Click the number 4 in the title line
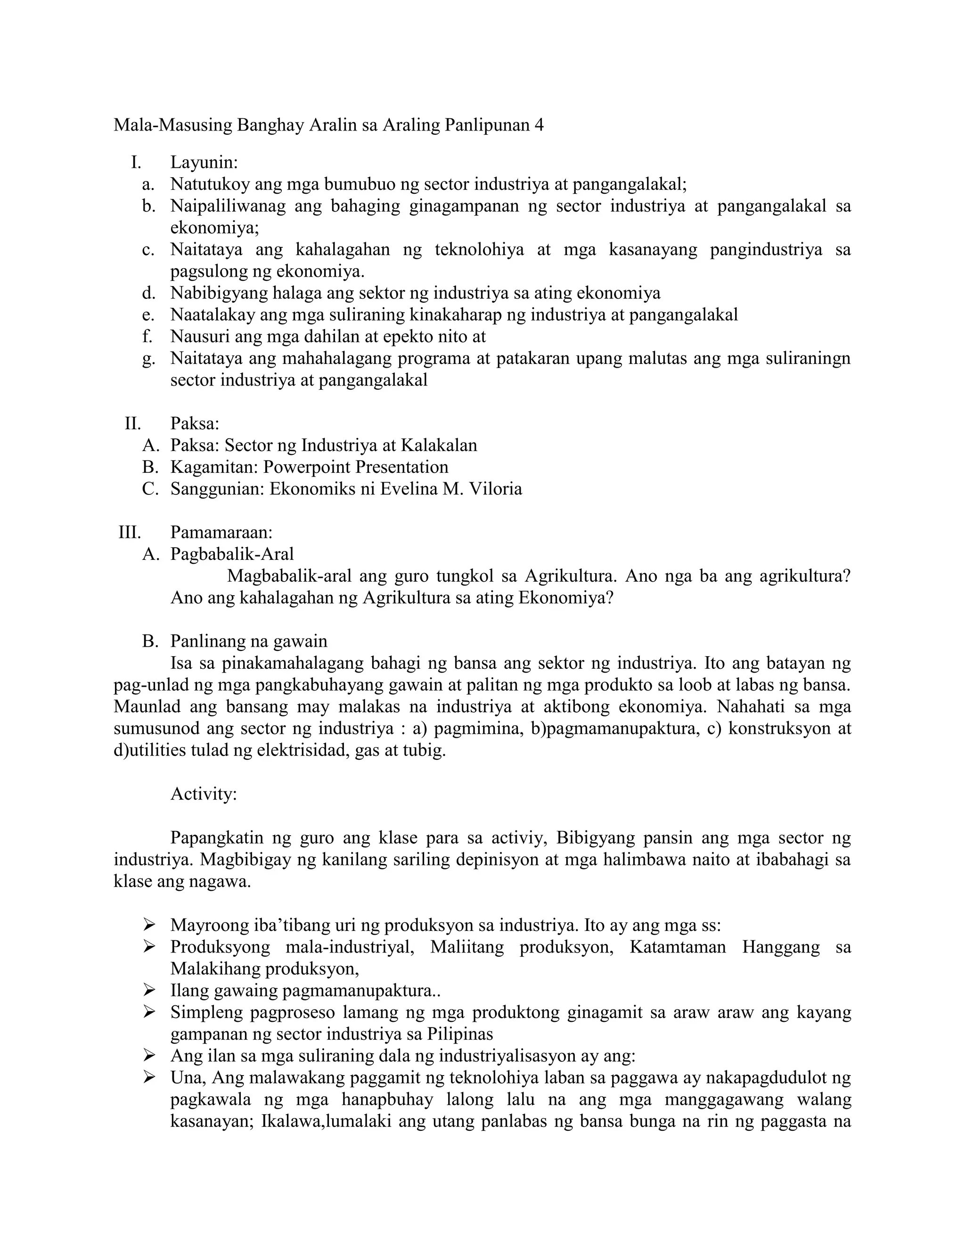(538, 125)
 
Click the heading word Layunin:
(204, 163)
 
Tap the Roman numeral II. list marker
(132, 424)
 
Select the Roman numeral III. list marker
(130, 533)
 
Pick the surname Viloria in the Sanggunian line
(495, 489)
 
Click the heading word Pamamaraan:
(221, 533)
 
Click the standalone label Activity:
(204, 794)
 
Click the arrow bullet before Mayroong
(149, 925)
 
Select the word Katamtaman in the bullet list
(678, 946)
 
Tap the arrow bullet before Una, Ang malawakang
(149, 1077)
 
